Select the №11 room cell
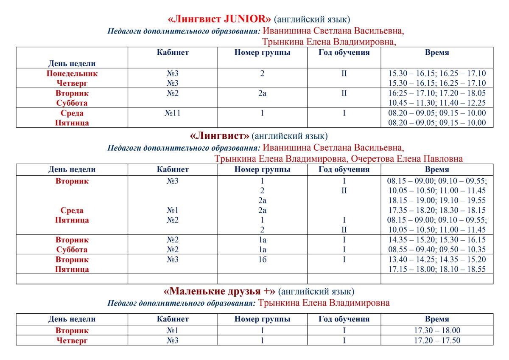coord(173,113)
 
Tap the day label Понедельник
coord(72,73)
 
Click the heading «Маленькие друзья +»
coord(219,292)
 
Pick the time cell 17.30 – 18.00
coord(437,331)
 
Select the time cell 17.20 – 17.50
coord(437,340)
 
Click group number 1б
coord(262,259)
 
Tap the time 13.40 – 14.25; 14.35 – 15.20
coord(437,259)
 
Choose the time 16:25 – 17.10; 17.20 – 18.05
coord(437,93)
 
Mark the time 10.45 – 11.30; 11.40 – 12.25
coord(437,103)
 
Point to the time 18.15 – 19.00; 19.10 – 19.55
coord(437,200)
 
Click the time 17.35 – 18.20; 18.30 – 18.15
coord(437,211)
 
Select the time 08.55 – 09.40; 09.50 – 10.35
coord(437,250)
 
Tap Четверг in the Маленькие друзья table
coord(72,340)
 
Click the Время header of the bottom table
coord(437,319)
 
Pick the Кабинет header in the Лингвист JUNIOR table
coord(173,53)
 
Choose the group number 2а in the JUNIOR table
coord(262,93)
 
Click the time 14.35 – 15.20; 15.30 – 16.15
coord(437,240)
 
